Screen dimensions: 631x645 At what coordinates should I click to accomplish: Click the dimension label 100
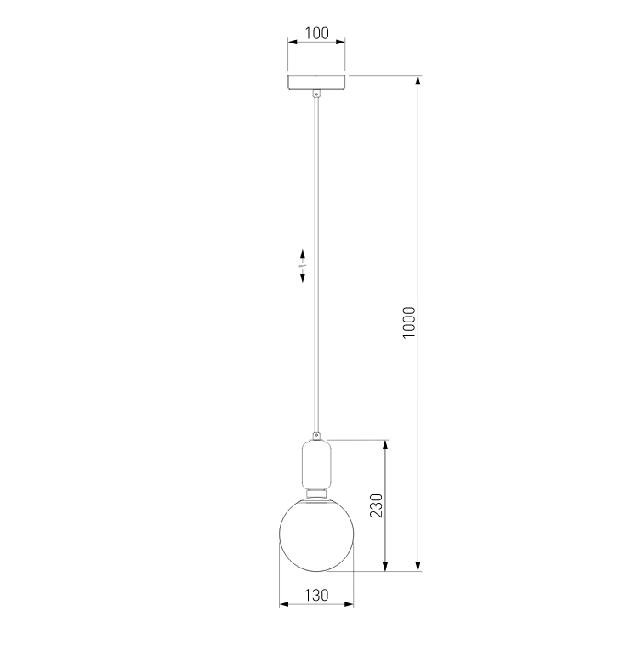coord(316,33)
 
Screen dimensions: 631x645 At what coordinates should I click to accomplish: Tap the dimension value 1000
coord(409,322)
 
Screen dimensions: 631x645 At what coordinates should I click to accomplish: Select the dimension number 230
coord(376,505)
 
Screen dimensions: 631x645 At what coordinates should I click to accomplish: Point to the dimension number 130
coord(316,596)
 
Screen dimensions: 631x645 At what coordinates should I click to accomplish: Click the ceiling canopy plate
coord(316,83)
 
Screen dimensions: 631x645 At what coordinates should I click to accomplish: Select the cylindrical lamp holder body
coord(316,464)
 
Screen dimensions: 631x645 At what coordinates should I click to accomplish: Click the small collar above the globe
coord(316,493)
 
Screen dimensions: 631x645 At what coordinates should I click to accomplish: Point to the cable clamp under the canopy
coord(316,94)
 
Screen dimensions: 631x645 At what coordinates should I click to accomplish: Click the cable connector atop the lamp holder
coord(316,436)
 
